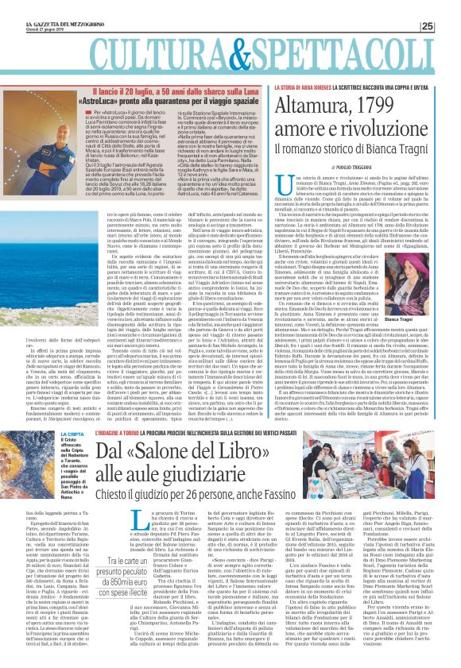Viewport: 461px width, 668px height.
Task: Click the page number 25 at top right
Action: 449,7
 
